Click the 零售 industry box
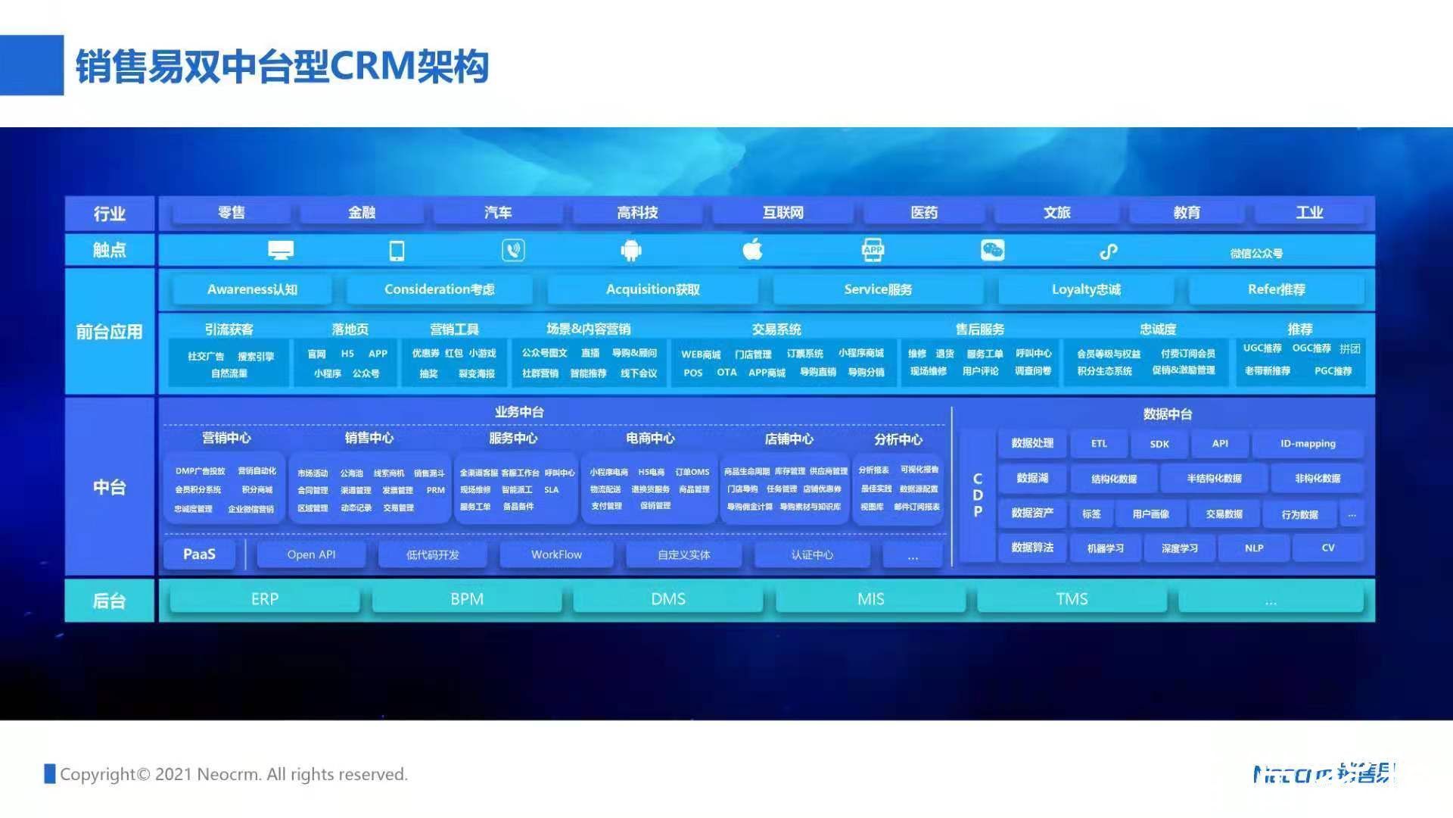[x=232, y=213]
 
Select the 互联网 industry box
[x=783, y=213]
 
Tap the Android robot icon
[x=631, y=250]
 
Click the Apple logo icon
[x=752, y=249]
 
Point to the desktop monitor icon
[x=281, y=250]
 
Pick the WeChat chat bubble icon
[x=992, y=250]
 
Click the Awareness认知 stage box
[x=252, y=289]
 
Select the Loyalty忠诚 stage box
[x=1086, y=289]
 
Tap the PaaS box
[x=199, y=554]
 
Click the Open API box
[x=311, y=554]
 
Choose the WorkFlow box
[x=556, y=554]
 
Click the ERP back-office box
[x=265, y=599]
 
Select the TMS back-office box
[x=1072, y=599]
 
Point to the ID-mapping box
[x=1308, y=444]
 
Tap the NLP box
[x=1253, y=548]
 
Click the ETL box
[x=1099, y=444]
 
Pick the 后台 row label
[x=109, y=601]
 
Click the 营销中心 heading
[x=226, y=438]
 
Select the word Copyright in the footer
[x=98, y=774]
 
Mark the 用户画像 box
[x=1150, y=514]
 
